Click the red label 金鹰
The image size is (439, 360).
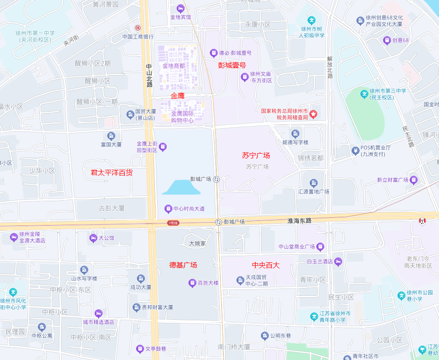pyautogui.click(x=178, y=96)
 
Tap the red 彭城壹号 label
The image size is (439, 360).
pyautogui.click(x=232, y=65)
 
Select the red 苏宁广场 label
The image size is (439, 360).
pyautogui.click(x=256, y=155)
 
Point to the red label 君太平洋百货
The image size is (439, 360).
pyautogui.click(x=111, y=173)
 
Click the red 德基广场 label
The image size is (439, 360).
pyautogui.click(x=183, y=265)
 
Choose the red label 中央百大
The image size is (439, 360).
pyautogui.click(x=266, y=265)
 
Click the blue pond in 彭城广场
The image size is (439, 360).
pyautogui.click(x=181, y=188)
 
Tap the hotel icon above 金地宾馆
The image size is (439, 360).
pyautogui.click(x=180, y=8)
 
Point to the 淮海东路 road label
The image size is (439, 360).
pyautogui.click(x=300, y=221)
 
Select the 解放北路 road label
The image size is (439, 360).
pyautogui.click(x=330, y=67)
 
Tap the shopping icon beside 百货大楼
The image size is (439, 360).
pyautogui.click(x=192, y=283)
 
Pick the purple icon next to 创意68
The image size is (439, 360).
pyautogui.click(x=386, y=40)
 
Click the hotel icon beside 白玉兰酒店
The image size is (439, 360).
pyautogui.click(x=338, y=262)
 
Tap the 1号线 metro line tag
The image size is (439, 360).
pyautogui.click(x=173, y=223)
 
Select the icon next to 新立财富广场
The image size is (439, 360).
pyautogui.click(x=414, y=180)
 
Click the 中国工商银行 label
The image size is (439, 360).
pyautogui.click(x=137, y=37)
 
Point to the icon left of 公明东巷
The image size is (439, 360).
pyautogui.click(x=264, y=336)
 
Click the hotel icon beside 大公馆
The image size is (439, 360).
pyautogui.click(x=93, y=238)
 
